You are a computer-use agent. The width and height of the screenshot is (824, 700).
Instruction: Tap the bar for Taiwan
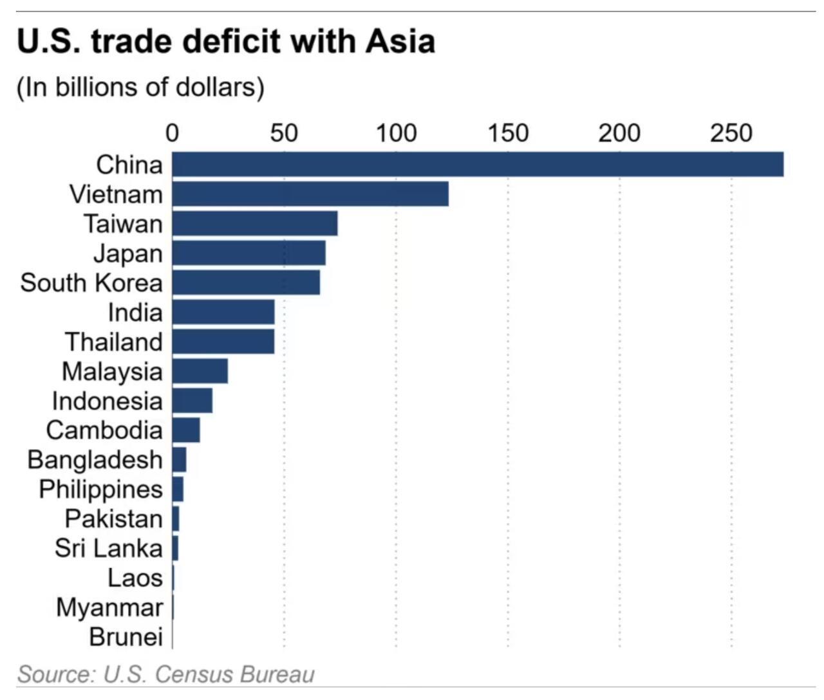coord(255,223)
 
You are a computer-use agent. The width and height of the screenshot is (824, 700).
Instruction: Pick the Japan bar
coord(248,253)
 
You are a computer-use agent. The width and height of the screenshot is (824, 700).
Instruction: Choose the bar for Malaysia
coord(200,371)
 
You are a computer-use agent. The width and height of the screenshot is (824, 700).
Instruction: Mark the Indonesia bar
coord(192,401)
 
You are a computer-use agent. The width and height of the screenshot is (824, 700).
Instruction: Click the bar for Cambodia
coord(186,430)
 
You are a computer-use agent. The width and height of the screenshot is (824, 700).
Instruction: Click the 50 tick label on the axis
coord(284,133)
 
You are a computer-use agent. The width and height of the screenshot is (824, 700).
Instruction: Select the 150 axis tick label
coord(508,133)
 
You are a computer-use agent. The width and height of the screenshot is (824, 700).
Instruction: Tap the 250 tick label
coord(731,133)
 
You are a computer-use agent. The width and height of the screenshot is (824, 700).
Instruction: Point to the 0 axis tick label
coord(172,133)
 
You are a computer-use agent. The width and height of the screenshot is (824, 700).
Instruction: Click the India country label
coord(135,313)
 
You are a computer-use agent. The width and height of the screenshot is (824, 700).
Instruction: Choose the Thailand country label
coord(114,342)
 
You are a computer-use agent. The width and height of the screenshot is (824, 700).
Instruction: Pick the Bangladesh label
coord(95,460)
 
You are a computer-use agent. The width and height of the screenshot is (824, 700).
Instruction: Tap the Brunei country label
coord(126,637)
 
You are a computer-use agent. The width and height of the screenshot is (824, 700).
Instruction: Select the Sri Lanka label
coord(109,548)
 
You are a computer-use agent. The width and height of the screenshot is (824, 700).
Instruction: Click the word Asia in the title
coord(400,42)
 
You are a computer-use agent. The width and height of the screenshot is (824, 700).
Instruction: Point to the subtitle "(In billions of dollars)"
coord(140,87)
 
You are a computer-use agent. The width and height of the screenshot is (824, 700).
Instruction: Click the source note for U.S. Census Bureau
coord(166,674)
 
